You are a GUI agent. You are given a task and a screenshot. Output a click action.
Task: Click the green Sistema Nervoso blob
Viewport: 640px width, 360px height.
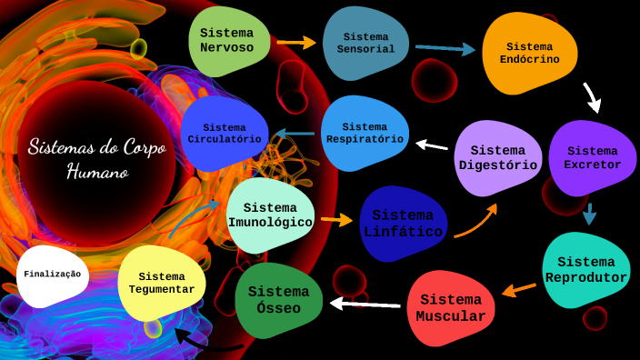pyautogui.click(x=227, y=40)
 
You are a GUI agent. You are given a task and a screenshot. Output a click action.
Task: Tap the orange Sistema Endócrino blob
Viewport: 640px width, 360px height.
pyautogui.click(x=529, y=53)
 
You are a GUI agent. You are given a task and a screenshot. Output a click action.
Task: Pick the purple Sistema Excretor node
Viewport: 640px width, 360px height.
pyautogui.click(x=592, y=157)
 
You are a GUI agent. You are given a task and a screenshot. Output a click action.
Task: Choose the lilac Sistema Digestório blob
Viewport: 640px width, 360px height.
pyautogui.click(x=497, y=157)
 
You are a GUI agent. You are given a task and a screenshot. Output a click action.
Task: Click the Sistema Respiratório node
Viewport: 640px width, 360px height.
pyautogui.click(x=365, y=133)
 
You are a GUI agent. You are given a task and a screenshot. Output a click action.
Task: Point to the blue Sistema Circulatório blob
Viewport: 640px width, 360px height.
pyautogui.click(x=225, y=134)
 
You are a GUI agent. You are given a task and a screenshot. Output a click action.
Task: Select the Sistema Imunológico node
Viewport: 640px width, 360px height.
pyautogui.click(x=270, y=215)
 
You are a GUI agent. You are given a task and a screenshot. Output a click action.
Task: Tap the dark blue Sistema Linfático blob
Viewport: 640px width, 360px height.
pyautogui.click(x=403, y=224)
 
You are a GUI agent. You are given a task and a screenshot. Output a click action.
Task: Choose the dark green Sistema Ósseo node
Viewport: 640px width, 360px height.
pyautogui.click(x=279, y=299)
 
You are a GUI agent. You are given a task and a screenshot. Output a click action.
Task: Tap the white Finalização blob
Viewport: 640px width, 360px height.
pyautogui.click(x=52, y=274)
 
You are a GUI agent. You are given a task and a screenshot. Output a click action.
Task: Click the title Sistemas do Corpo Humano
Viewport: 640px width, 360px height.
pyautogui.click(x=96, y=158)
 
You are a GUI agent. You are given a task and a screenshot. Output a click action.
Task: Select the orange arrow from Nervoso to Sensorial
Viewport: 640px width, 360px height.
pyautogui.click(x=295, y=42)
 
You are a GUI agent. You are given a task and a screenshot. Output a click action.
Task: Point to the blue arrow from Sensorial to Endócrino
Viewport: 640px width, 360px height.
pyautogui.click(x=445, y=48)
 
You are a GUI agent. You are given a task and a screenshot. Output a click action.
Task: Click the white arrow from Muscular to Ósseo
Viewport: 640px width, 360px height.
pyautogui.click(x=365, y=304)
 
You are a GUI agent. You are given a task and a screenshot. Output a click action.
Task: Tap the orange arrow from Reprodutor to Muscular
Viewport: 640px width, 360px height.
pyautogui.click(x=519, y=290)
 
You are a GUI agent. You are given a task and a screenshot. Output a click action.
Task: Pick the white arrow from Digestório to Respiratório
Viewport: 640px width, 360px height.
pyautogui.click(x=432, y=145)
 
